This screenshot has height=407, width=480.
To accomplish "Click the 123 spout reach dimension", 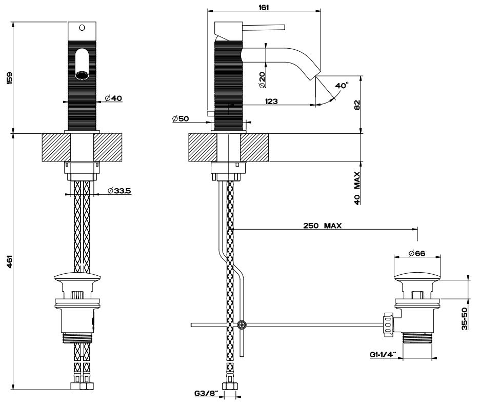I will pyautogui.click(x=272, y=101).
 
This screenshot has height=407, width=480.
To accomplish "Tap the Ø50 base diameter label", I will pyautogui.click(x=181, y=119).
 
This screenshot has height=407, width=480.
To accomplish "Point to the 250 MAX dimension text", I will pyautogui.click(x=322, y=226).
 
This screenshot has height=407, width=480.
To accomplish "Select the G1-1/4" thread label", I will pyautogui.click(x=382, y=354).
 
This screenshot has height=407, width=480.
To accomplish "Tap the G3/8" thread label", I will pyautogui.click(x=206, y=394).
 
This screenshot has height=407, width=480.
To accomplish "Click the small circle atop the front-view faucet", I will pyautogui.click(x=82, y=27).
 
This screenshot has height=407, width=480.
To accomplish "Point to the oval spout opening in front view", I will pyautogui.click(x=82, y=65).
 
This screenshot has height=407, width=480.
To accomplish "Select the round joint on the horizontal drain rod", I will pyautogui.click(x=242, y=324).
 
